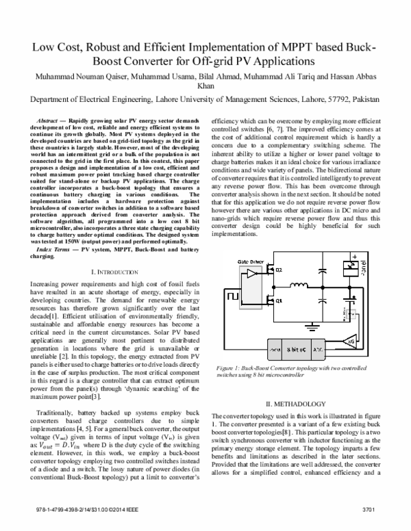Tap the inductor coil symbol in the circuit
click(x=299, y=265)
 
